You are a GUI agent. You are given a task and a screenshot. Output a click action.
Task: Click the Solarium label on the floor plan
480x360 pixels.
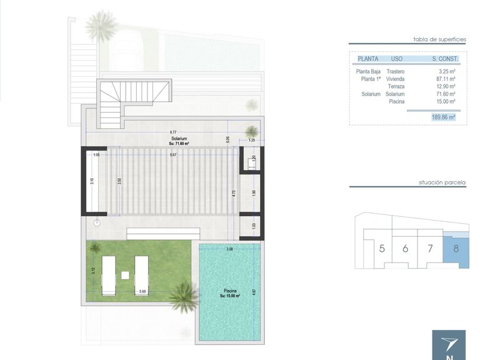point(179,138)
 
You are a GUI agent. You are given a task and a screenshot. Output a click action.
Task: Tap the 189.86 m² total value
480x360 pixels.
point(442,116)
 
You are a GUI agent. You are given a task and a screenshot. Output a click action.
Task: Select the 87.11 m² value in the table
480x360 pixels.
point(445,79)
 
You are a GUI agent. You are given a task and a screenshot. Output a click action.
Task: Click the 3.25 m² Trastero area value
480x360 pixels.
point(446,72)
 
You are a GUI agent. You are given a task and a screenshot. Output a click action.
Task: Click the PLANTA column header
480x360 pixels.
point(367,59)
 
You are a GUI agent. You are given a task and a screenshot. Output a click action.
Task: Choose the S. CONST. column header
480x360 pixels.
point(445,59)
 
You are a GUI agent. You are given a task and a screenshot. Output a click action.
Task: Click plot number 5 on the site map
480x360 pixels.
point(381,248)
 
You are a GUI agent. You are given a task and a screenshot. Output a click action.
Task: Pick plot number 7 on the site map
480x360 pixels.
point(429,248)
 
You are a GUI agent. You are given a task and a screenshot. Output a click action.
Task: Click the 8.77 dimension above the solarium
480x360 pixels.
point(172,132)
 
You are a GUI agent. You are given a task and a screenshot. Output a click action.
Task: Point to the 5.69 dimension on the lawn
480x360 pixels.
point(143,291)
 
